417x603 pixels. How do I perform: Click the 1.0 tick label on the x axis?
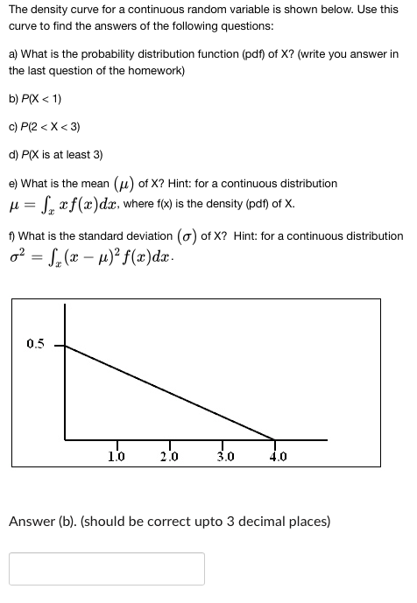tap(116, 455)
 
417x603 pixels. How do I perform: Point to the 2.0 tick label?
tap(170, 455)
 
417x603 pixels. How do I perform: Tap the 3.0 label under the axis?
tap(224, 455)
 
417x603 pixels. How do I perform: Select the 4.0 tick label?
tap(279, 455)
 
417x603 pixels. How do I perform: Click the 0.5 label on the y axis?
tap(35, 344)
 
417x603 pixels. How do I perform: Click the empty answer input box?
tap(107, 568)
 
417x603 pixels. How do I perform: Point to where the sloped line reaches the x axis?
tap(275, 439)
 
